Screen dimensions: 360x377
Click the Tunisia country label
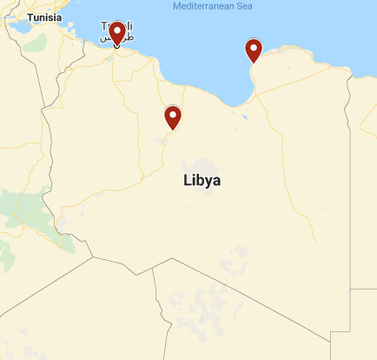[x=44, y=17]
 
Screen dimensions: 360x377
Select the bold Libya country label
[x=202, y=181]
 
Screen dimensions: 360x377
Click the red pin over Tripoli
[x=116, y=33]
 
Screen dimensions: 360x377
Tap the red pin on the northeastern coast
[x=254, y=50]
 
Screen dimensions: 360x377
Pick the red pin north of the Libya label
[x=173, y=117]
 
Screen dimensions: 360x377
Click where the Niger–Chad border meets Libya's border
[x=153, y=269]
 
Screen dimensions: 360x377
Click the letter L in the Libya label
[x=188, y=181]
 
